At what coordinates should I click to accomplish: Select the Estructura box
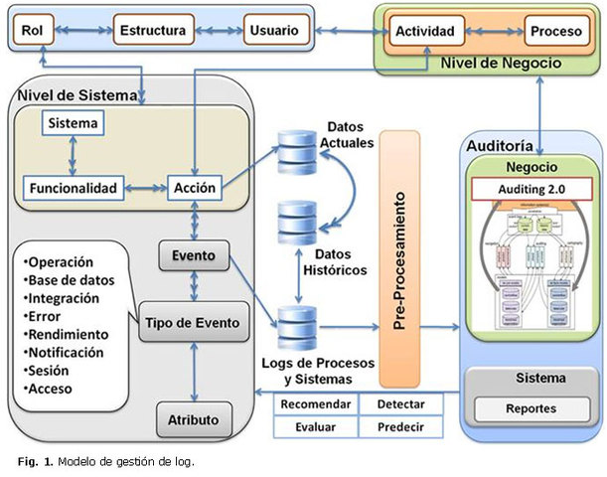152,31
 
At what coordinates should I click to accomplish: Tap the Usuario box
272,31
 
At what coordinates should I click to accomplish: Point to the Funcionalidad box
71,188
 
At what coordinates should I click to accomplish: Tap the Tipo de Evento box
193,322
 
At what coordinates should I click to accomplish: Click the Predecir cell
401,427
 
